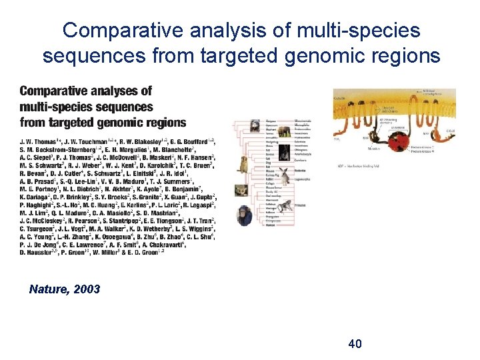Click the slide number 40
355,344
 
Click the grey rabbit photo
285,176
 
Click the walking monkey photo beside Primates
286,206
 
